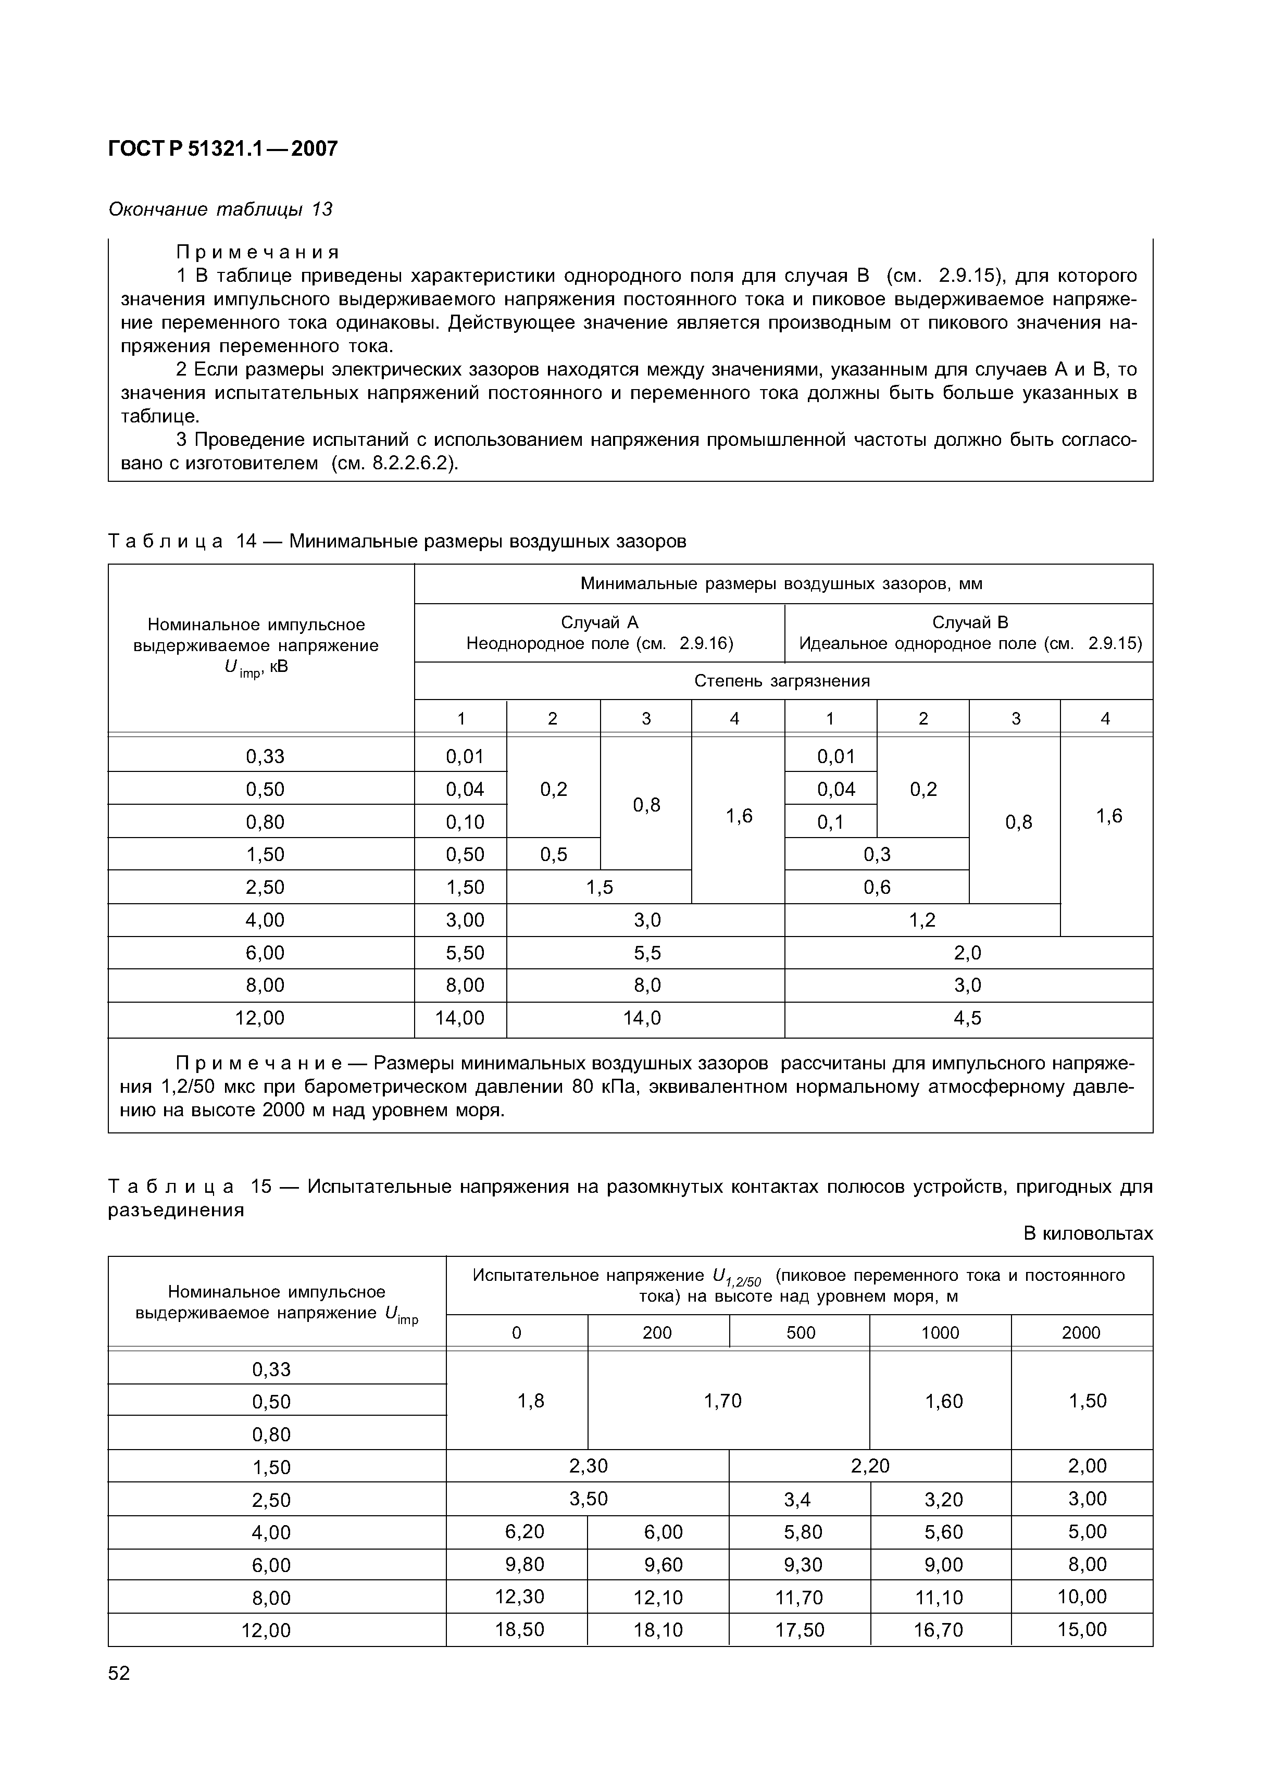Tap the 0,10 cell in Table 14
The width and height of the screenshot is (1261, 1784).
(464, 821)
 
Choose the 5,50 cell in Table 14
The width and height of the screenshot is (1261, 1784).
(464, 953)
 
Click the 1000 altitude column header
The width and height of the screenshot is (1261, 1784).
(940, 1332)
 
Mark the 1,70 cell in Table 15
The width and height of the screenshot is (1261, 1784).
(722, 1401)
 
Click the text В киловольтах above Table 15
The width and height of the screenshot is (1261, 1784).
(1088, 1234)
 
